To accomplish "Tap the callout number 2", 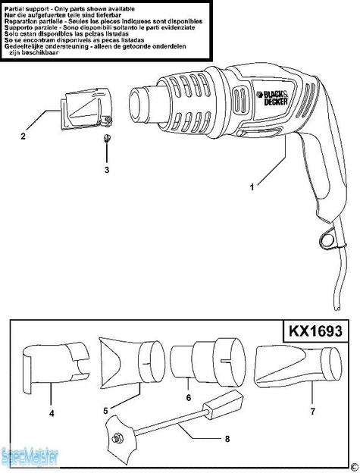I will (x=23, y=136).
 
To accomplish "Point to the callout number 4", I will (x=51, y=414).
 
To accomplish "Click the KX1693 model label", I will (x=315, y=331).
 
